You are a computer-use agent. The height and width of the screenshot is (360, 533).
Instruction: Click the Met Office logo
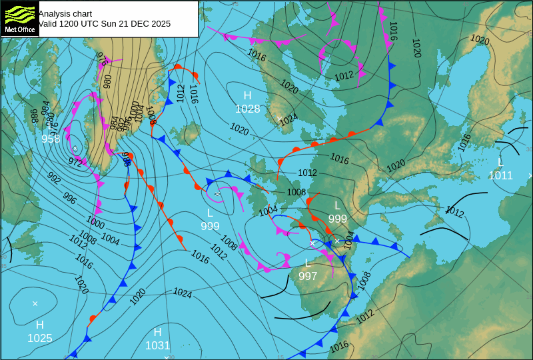[19, 19]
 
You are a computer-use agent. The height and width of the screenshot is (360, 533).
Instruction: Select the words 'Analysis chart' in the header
[65, 13]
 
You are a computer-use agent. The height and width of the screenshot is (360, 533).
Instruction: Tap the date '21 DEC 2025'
[142, 23]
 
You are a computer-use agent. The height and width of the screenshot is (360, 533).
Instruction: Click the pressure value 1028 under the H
[247, 109]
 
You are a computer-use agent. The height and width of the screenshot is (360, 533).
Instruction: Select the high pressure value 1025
[39, 338]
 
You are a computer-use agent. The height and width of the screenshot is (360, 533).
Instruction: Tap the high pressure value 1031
[157, 345]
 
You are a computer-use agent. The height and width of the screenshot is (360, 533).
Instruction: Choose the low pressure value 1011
[500, 175]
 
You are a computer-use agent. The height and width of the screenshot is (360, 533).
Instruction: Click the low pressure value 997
[308, 275]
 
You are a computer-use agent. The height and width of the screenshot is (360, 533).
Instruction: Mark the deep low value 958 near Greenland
[51, 139]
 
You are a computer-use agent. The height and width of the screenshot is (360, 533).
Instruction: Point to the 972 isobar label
[75, 161]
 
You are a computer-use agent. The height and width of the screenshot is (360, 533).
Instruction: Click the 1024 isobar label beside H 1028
[288, 120]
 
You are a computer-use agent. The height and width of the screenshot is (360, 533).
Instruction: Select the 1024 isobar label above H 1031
[183, 293]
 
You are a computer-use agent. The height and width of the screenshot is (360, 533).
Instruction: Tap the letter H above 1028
[247, 96]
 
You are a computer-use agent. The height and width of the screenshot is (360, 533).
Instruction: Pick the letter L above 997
[308, 263]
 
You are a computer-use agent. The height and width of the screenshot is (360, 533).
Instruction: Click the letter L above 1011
[500, 163]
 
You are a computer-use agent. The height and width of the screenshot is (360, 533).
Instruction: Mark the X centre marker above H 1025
[35, 303]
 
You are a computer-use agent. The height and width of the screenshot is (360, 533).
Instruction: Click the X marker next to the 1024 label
[278, 119]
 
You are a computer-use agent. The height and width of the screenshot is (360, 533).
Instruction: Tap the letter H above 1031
[157, 332]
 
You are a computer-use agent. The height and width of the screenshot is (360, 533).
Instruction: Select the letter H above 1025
[39, 325]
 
